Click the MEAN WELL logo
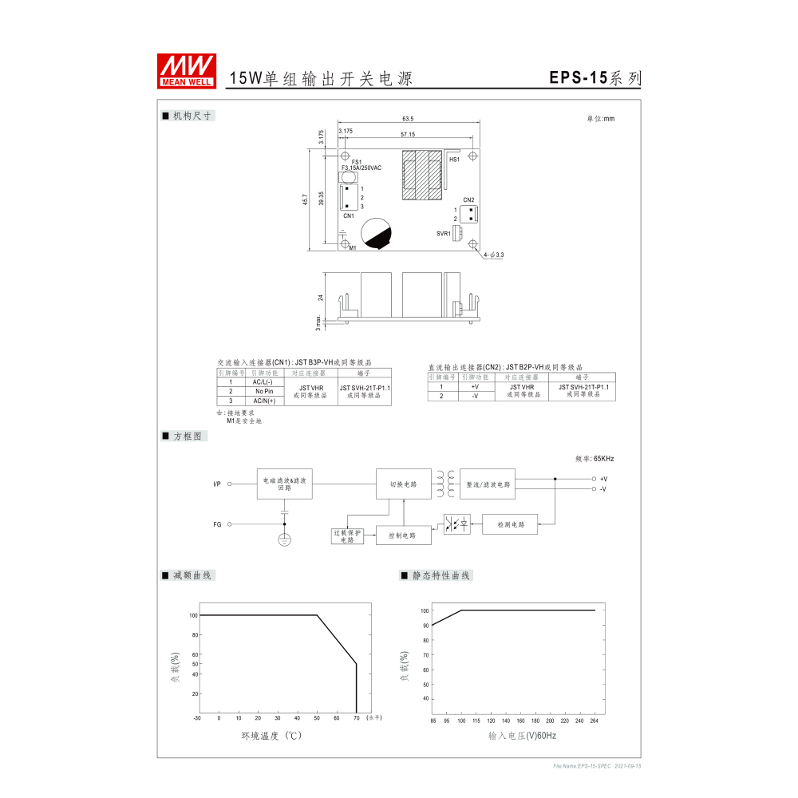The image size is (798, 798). [x=187, y=70]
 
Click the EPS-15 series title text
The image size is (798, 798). [x=595, y=78]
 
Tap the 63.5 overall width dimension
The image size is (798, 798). [x=408, y=119]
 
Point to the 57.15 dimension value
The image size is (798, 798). [x=408, y=135]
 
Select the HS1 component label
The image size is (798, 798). [x=454, y=160]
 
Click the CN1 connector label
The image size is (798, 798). [x=349, y=215]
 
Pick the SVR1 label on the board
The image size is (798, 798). [x=443, y=234]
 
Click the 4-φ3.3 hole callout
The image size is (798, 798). [x=495, y=255]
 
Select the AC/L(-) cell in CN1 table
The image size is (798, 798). [x=263, y=382]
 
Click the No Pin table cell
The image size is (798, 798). [x=263, y=392]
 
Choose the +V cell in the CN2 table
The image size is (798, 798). [x=475, y=386]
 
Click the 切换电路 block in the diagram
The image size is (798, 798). [x=403, y=484]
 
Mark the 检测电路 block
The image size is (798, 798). [x=511, y=524]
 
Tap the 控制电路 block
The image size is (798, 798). [x=403, y=535]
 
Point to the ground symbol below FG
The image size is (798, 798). [x=285, y=540]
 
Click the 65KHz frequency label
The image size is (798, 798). [x=595, y=459]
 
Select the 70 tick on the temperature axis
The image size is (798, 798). [x=356, y=718]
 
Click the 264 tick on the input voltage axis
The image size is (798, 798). [x=595, y=721]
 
